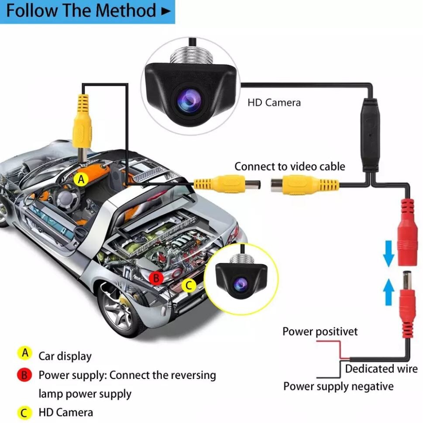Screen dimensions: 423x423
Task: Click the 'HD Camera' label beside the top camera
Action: [x=274, y=103]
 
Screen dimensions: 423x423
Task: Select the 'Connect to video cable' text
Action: [x=289, y=166]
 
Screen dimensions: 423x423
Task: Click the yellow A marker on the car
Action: [x=80, y=179]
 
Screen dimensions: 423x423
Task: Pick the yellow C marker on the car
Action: [x=189, y=286]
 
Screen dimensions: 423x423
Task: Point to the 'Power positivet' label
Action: [x=320, y=332]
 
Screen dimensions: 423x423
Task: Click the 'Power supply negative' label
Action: [x=338, y=386]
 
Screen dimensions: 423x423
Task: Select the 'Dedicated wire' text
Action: [x=381, y=369]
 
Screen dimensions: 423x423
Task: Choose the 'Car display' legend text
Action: [x=65, y=356]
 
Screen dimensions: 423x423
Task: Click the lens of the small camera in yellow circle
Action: [x=240, y=284]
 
